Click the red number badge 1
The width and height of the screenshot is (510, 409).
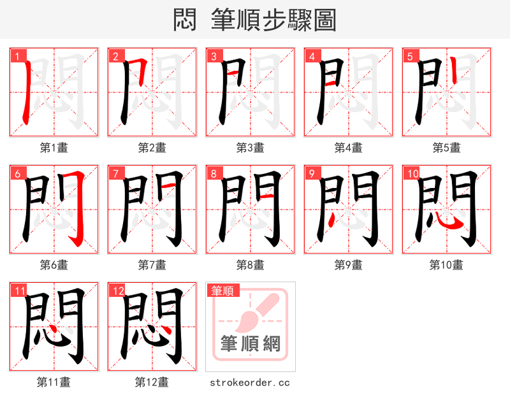tap(16, 56)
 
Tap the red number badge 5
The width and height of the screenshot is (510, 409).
tap(409, 56)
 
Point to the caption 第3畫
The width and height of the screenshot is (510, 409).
tap(250, 148)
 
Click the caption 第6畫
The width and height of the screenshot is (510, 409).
tap(54, 265)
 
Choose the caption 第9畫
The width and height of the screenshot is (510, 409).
tap(348, 265)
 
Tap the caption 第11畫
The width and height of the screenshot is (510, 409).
tap(54, 382)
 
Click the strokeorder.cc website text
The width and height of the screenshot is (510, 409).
tap(250, 382)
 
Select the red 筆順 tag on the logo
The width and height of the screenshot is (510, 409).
tap(222, 291)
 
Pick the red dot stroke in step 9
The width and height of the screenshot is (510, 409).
tap(331, 220)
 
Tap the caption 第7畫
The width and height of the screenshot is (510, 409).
tap(152, 265)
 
